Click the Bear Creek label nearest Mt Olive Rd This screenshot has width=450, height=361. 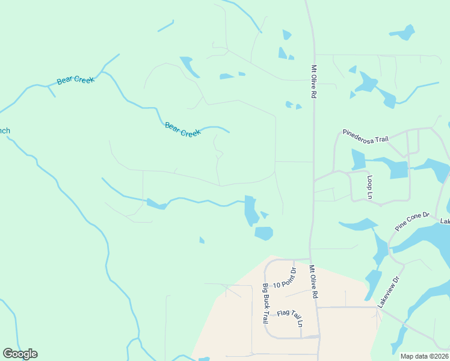pyautogui.click(x=182, y=129)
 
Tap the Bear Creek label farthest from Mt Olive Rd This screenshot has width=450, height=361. pyautogui.click(x=76, y=80)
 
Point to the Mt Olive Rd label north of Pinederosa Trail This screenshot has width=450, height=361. pyautogui.click(x=314, y=82)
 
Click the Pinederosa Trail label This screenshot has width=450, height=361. pyautogui.click(x=365, y=135)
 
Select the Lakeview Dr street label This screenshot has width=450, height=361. pyautogui.click(x=389, y=292)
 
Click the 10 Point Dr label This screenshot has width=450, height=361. pyautogui.click(x=285, y=278)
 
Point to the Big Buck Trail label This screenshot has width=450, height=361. pyautogui.click(x=265, y=304)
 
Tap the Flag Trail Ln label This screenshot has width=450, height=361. pyautogui.click(x=290, y=316)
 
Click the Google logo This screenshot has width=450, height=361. pyautogui.click(x=20, y=354)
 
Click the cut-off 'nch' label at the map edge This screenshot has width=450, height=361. pyautogui.click(x=5, y=131)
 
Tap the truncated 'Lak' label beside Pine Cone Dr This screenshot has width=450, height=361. pyautogui.click(x=445, y=221)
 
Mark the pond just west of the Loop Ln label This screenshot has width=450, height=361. pyautogui.click(x=358, y=160)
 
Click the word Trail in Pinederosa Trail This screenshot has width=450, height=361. pyautogui.click(x=381, y=138)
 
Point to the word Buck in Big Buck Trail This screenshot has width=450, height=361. pyautogui.click(x=265, y=304)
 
